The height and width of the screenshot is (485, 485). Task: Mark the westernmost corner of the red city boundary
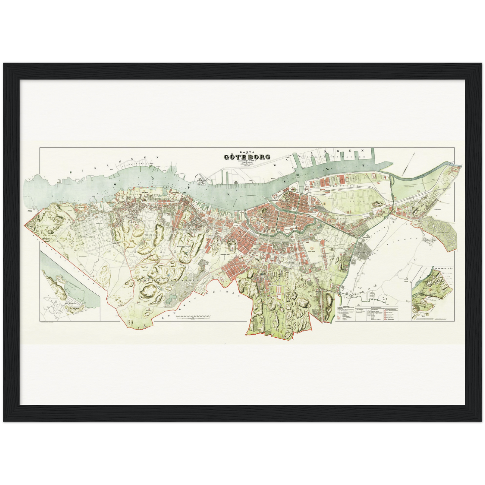[x=25, y=225]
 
